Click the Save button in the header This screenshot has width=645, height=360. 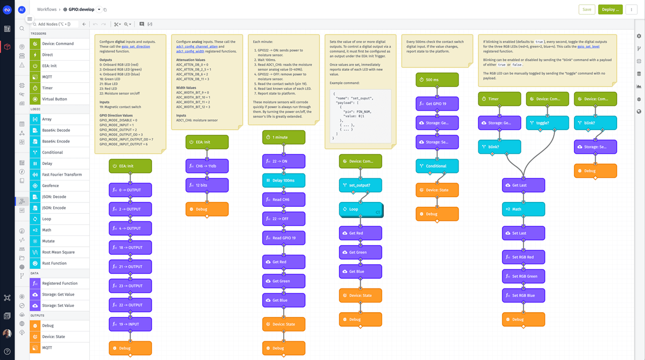pos(586,9)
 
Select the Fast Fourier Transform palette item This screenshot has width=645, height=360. pos(62,175)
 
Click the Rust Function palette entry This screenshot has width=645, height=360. pos(54,263)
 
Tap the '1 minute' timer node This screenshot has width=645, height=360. pos(283,138)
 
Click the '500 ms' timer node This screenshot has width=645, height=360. pos(436,80)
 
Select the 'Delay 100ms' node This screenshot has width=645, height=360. pos(283,181)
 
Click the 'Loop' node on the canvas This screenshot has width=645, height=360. pos(360,209)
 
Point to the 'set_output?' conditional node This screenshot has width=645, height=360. pos(360,185)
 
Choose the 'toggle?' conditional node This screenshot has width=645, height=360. pos(547,123)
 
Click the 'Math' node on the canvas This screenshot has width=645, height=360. pos(523,209)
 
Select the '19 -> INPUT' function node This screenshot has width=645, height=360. pos(130,325)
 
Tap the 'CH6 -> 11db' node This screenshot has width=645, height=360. pos(207,166)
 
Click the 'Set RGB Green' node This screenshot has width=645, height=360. pos(523,276)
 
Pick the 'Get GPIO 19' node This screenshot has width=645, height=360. pos(436,104)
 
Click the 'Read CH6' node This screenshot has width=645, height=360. pos(283,200)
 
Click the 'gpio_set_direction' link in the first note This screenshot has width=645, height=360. pos(135,47)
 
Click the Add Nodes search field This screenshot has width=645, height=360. pos(55,24)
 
